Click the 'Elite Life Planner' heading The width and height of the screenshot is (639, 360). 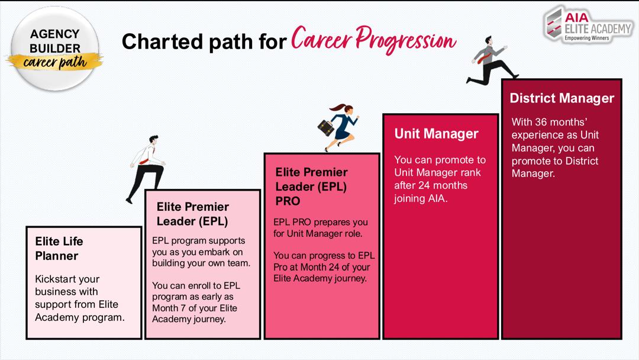(x=59, y=248)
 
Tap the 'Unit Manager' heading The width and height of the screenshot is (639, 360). (x=436, y=134)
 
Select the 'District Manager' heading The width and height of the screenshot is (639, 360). (x=561, y=98)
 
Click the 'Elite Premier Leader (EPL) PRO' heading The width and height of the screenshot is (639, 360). (x=311, y=187)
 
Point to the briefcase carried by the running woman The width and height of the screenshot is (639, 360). (x=325, y=128)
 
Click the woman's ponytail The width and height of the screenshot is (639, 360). (x=337, y=108)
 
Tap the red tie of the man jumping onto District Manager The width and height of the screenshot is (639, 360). (x=484, y=58)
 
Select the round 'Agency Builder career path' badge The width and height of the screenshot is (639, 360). (x=55, y=49)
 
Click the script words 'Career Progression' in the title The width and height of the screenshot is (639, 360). (x=373, y=40)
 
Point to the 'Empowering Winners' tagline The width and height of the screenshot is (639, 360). (x=586, y=38)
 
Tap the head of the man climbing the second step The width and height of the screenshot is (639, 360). (x=153, y=139)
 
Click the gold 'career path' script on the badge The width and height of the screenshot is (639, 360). (x=55, y=62)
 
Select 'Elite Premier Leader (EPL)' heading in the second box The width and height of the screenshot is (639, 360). (x=192, y=214)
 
